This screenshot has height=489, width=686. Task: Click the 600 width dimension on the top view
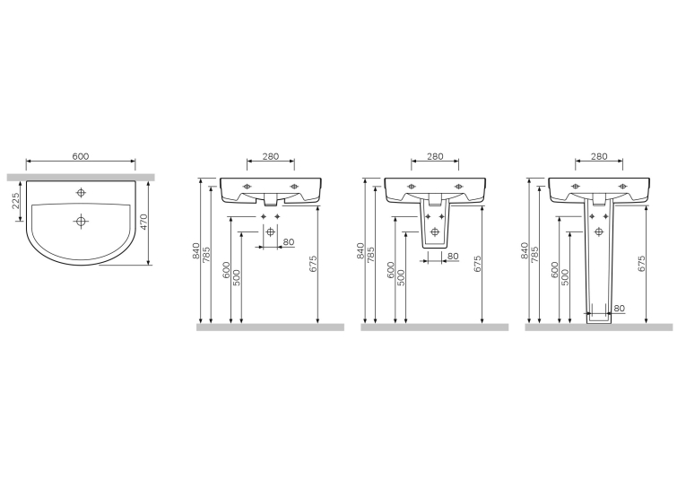[81, 156]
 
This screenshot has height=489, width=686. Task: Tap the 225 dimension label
[15, 201]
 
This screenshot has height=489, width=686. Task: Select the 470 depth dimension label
[144, 222]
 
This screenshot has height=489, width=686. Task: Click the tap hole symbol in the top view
[81, 192]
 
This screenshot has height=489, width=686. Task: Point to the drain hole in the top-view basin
[81, 221]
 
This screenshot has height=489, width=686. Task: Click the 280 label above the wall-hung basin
[271, 156]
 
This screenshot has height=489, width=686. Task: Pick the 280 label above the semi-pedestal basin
[435, 156]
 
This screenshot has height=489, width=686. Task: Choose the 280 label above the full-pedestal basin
[599, 156]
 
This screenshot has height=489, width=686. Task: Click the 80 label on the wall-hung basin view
[289, 242]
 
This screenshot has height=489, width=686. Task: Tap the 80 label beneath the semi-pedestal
[453, 256]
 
